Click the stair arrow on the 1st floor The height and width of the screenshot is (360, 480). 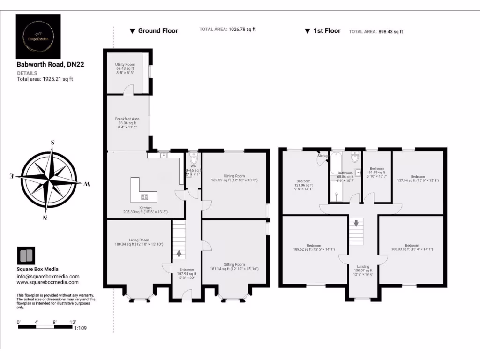(356, 223)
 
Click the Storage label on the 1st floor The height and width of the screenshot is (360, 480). (322, 156)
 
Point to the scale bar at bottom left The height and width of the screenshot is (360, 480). (45, 326)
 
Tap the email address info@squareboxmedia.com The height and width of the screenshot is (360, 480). (48, 277)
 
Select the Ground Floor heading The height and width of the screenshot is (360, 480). (157, 31)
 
